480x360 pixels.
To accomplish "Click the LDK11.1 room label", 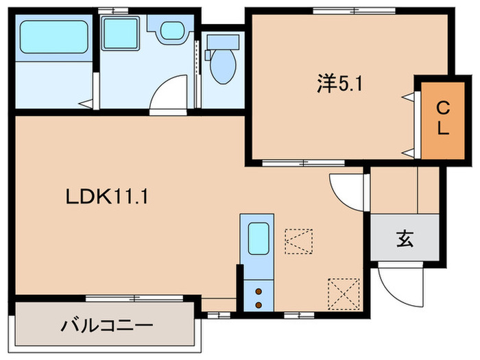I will click(108, 197).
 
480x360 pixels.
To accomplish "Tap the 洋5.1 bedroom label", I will click(339, 84).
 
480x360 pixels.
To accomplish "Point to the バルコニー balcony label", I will click(106, 324).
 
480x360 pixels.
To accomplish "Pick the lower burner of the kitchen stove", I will click(258, 303).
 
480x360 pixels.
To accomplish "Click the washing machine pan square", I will click(121, 30).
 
